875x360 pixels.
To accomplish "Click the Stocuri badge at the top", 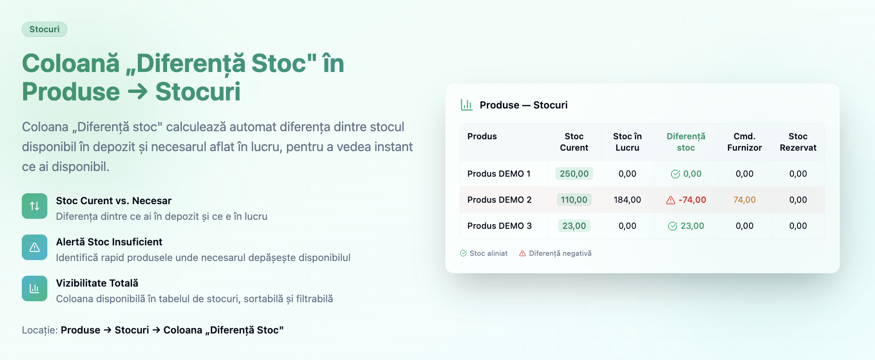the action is coord(45,29).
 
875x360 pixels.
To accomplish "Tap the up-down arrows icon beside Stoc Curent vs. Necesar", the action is coord(35,206).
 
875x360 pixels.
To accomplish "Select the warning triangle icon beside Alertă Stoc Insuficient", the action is coord(35,247).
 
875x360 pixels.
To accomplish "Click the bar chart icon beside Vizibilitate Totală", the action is coord(35,288).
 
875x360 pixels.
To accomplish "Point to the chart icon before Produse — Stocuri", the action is coord(466,105).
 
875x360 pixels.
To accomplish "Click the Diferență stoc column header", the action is coord(686,142).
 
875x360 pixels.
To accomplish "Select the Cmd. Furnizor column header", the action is coord(744,142).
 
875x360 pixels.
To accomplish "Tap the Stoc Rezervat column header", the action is coord(798,142).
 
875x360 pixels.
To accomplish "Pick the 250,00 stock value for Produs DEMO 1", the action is coord(574,174).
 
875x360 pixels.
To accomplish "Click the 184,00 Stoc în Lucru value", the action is coord(627,200).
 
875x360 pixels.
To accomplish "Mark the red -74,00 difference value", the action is coord(692,200).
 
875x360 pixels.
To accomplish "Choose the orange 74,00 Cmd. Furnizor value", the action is coord(744,200).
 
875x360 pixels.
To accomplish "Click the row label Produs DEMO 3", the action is coord(500,226).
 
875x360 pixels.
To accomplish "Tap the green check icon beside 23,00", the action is coord(672,226).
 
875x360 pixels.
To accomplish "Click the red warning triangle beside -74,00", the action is coord(670,200).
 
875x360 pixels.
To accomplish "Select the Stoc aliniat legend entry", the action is coord(483,253).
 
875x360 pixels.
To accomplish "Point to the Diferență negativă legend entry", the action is coord(555,253).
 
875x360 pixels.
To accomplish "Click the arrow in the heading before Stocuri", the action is coord(138,92).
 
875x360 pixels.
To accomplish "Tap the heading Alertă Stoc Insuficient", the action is coord(109,242).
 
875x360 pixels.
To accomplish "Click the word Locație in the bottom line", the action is coord(40,330).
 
